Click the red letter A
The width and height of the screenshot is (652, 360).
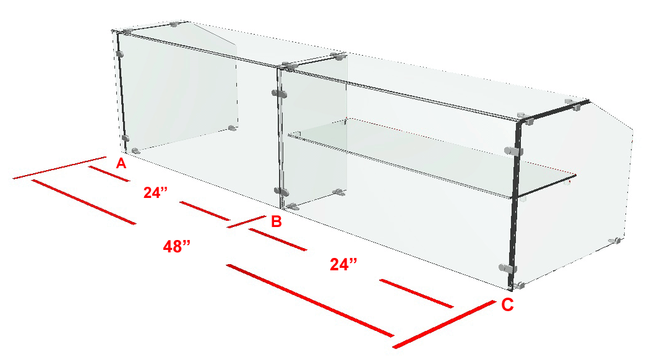121,163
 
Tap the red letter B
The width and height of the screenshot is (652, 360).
277,221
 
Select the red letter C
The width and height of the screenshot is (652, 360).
507,305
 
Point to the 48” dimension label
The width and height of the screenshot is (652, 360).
177,246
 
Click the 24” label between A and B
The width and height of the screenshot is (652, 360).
155,192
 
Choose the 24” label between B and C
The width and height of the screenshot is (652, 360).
343,264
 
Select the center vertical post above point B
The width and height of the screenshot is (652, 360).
280,138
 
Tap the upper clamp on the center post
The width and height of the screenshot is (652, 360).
279,93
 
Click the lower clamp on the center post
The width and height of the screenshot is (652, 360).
281,191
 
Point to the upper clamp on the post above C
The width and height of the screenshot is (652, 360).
513,151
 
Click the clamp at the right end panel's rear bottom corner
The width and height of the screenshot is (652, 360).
616,241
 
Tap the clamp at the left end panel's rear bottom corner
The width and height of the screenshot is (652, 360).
233,128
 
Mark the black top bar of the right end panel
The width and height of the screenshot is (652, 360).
554,111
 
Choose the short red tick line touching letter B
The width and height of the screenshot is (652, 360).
247,221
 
